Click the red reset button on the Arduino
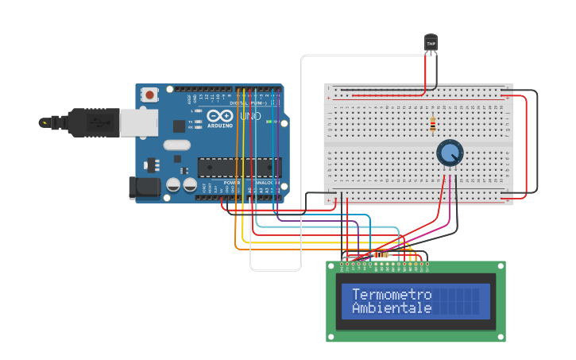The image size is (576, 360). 149,95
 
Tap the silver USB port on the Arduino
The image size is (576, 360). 138,122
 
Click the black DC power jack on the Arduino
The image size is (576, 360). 143,188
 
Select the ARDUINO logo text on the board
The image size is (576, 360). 220,126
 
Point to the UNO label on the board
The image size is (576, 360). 250,117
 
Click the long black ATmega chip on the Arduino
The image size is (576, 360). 239,167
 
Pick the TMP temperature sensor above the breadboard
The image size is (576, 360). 431,43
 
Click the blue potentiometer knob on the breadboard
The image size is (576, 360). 449,152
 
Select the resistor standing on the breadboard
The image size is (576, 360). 432,125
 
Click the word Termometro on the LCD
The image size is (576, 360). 391,294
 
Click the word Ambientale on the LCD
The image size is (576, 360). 391,308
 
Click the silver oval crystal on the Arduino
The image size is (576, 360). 178,145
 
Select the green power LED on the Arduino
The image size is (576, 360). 271,122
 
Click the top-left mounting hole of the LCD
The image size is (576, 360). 331,265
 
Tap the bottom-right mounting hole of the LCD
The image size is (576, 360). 501,338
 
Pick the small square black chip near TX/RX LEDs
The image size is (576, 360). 180,126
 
